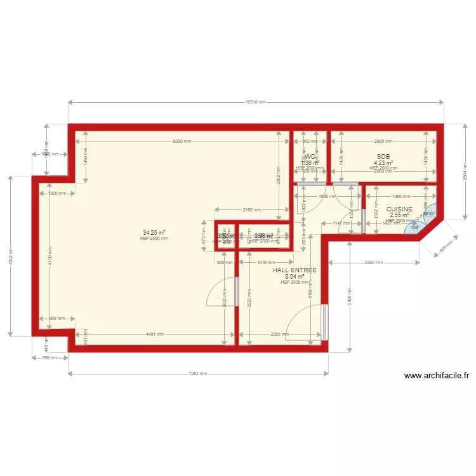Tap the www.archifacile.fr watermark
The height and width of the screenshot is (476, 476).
click(437, 376)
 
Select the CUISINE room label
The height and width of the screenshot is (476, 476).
click(399, 209)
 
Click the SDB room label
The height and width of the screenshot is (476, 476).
click(383, 157)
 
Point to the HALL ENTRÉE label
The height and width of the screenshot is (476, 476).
click(294, 270)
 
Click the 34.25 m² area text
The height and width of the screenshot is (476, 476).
click(154, 233)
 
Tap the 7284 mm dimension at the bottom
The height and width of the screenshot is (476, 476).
click(198, 374)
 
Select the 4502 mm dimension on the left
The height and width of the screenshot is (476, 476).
click(10, 255)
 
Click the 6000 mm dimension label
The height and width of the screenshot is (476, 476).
click(182, 142)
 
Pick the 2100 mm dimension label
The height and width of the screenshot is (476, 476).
click(252, 209)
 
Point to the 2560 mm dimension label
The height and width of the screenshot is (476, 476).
click(374, 262)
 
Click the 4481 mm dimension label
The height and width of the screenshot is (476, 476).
click(155, 334)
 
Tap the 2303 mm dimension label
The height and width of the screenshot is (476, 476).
click(280, 334)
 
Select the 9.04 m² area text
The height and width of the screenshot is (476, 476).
click(294, 277)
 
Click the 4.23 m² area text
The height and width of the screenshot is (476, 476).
click(383, 163)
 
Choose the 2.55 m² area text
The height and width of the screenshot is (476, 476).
click(399, 215)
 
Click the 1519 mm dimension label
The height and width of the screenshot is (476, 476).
click(266, 262)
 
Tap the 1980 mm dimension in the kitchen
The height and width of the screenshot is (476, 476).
click(401, 197)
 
